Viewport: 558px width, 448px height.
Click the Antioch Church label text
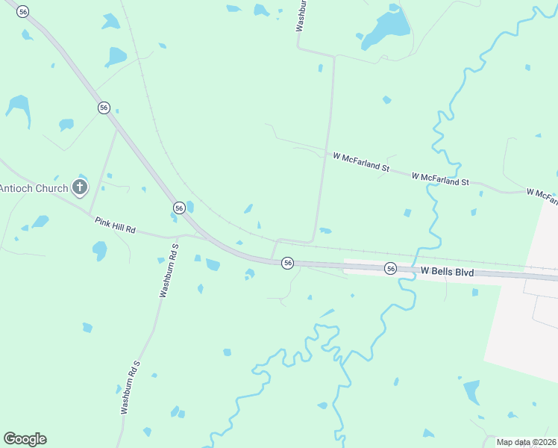pos(34,188)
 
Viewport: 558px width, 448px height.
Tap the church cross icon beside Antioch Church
pos(80,187)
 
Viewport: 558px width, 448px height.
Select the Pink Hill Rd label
pos(115,225)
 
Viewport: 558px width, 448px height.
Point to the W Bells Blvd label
pos(447,272)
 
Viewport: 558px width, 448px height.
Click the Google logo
pos(25,438)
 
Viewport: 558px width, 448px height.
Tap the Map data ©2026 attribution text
pos(525,442)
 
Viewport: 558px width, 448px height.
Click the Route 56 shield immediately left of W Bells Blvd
pos(390,268)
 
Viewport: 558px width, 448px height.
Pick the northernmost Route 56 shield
pos(23,12)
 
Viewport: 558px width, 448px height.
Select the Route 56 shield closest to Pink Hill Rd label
pos(179,207)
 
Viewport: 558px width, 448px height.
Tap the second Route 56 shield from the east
pos(288,263)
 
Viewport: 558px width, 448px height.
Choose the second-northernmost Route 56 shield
pos(104,108)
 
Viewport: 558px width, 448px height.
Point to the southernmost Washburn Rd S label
pos(130,387)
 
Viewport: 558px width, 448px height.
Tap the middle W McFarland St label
pos(440,178)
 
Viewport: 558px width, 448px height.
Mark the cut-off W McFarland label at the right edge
pos(542,196)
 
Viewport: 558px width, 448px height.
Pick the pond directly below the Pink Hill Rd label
pos(100,251)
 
